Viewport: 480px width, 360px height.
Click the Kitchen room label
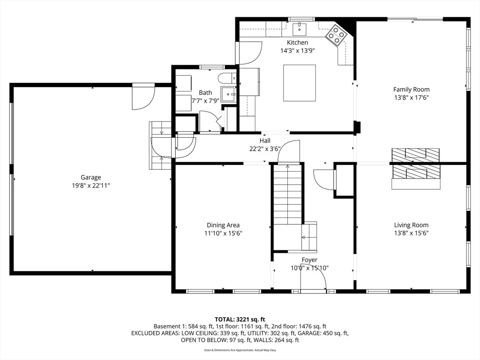[x=297, y=43]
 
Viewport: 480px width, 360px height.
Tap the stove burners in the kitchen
[x=336, y=35]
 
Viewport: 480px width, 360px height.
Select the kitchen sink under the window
[x=299, y=29]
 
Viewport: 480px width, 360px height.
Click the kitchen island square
[x=300, y=82]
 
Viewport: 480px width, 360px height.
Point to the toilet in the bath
[x=227, y=78]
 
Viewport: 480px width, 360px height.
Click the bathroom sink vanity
[x=229, y=94]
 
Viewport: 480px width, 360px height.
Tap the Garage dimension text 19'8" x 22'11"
[x=91, y=186]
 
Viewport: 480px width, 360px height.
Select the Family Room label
[x=411, y=90]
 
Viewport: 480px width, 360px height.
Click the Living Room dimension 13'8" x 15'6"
[x=411, y=233]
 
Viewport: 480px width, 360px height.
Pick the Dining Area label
[x=223, y=225]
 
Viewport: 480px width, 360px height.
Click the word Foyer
[x=309, y=260]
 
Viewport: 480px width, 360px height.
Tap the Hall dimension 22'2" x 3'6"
[x=265, y=149]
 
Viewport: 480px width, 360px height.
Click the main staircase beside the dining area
[x=288, y=195]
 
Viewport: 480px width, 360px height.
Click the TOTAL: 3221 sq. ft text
[x=240, y=320]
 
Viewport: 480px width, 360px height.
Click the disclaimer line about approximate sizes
[x=240, y=350]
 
